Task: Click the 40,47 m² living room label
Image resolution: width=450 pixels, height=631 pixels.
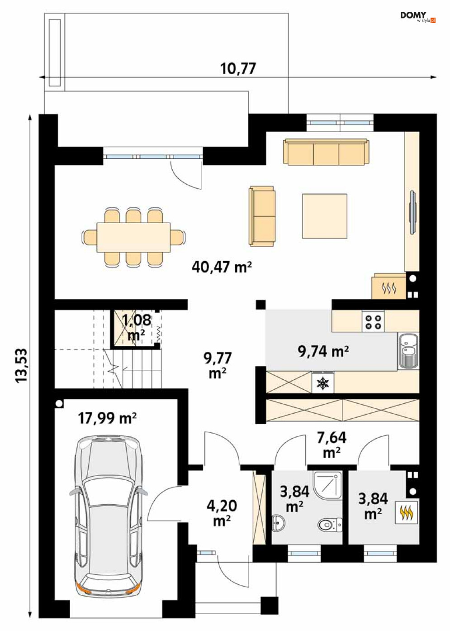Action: [222, 267]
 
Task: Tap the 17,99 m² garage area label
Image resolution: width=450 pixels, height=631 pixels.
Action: [107, 418]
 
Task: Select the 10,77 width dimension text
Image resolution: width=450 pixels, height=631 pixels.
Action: [238, 69]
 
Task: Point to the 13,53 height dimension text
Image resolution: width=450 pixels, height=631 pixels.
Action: [22, 365]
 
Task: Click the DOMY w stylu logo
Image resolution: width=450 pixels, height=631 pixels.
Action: [418, 17]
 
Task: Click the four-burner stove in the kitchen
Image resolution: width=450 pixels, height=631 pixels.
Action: [373, 321]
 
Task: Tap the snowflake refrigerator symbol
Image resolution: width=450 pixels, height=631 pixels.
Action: [323, 383]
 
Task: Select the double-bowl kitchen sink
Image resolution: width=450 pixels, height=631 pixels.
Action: [408, 351]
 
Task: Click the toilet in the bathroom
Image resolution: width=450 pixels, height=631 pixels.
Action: [330, 524]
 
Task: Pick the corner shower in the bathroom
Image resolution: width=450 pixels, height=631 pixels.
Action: [328, 487]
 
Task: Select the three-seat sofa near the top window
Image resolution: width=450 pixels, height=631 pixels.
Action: [327, 151]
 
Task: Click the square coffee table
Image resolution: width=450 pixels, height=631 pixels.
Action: [324, 216]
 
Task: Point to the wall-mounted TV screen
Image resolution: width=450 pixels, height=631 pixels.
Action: [412, 212]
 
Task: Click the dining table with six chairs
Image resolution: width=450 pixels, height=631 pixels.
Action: [134, 237]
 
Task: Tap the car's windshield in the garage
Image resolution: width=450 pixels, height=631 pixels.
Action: [109, 492]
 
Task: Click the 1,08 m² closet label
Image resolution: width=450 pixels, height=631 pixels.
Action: [137, 327]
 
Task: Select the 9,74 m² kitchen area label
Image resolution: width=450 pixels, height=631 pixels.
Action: [324, 351]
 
